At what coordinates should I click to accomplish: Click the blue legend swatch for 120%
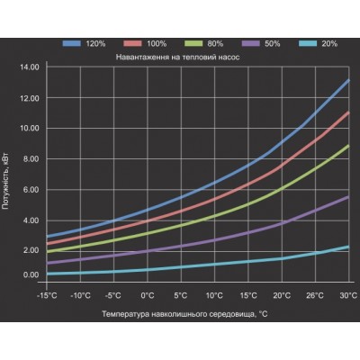coord(72,43)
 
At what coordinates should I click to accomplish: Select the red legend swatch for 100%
coord(132,43)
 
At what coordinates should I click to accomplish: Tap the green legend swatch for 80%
coord(193,43)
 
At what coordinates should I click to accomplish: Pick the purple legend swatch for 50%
coord(250,43)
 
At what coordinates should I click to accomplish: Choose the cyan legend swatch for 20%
coord(308,43)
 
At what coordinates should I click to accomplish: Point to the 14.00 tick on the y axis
coord(30,67)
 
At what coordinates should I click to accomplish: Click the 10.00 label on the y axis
coord(30,129)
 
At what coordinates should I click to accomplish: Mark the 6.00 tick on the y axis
coord(31,190)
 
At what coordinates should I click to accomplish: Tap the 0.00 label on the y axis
coord(31,274)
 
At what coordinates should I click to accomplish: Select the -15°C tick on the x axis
coord(47,296)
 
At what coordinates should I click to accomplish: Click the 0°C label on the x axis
coord(148,296)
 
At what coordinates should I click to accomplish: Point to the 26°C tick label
coord(315,296)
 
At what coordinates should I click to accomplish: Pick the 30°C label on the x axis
coord(348,296)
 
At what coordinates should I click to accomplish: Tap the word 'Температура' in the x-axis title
coord(125,314)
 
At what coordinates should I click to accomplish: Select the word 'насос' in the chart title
coord(229,57)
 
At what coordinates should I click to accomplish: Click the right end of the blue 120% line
coord(349,80)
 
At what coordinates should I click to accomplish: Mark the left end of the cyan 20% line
coord(48,274)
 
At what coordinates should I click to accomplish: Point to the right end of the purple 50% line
coord(349,197)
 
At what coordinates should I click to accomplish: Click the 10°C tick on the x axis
coord(214,296)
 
